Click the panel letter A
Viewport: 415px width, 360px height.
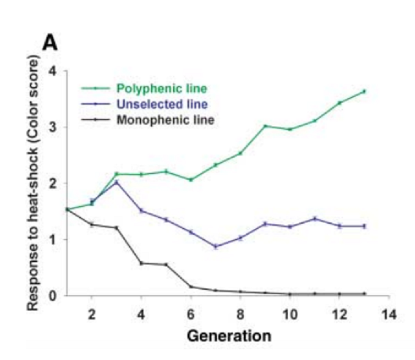tap(50, 43)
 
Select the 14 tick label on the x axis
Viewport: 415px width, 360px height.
tap(389, 315)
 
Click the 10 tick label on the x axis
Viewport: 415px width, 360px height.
tap(290, 315)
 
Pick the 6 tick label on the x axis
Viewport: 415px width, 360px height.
tap(191, 315)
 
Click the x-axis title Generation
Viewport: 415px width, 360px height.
tap(229, 336)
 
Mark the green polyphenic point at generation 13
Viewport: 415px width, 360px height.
tap(364, 92)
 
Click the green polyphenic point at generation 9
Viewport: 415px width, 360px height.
tap(265, 126)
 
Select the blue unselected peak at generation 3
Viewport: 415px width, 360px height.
tap(117, 182)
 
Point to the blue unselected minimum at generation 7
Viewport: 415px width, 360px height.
tap(216, 246)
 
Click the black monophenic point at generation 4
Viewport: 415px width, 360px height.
tap(141, 263)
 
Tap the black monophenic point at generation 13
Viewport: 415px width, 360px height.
tap(364, 293)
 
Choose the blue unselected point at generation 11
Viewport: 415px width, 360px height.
tap(315, 219)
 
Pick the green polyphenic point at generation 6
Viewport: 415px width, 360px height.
tap(191, 180)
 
